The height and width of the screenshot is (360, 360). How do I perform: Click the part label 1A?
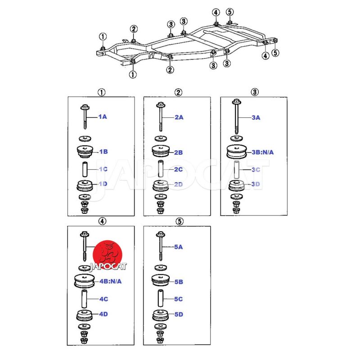103,117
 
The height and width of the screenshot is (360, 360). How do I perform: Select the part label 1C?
103,169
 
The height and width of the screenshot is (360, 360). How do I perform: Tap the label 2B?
179,153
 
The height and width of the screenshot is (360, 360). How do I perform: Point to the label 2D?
179,184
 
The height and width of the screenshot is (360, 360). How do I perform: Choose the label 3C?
256,170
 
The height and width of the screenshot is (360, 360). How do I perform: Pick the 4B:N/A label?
110,282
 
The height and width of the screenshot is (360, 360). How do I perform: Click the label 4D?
103,314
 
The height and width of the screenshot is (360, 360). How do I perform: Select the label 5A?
179,247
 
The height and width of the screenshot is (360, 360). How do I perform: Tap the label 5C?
179,299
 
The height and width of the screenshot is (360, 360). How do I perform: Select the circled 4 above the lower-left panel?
103,221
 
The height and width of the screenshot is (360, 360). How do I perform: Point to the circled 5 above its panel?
179,221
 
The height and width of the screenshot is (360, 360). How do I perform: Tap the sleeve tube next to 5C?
160,298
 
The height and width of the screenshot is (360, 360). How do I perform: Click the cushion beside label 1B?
85,152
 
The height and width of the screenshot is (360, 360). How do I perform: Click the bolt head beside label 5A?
160,234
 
